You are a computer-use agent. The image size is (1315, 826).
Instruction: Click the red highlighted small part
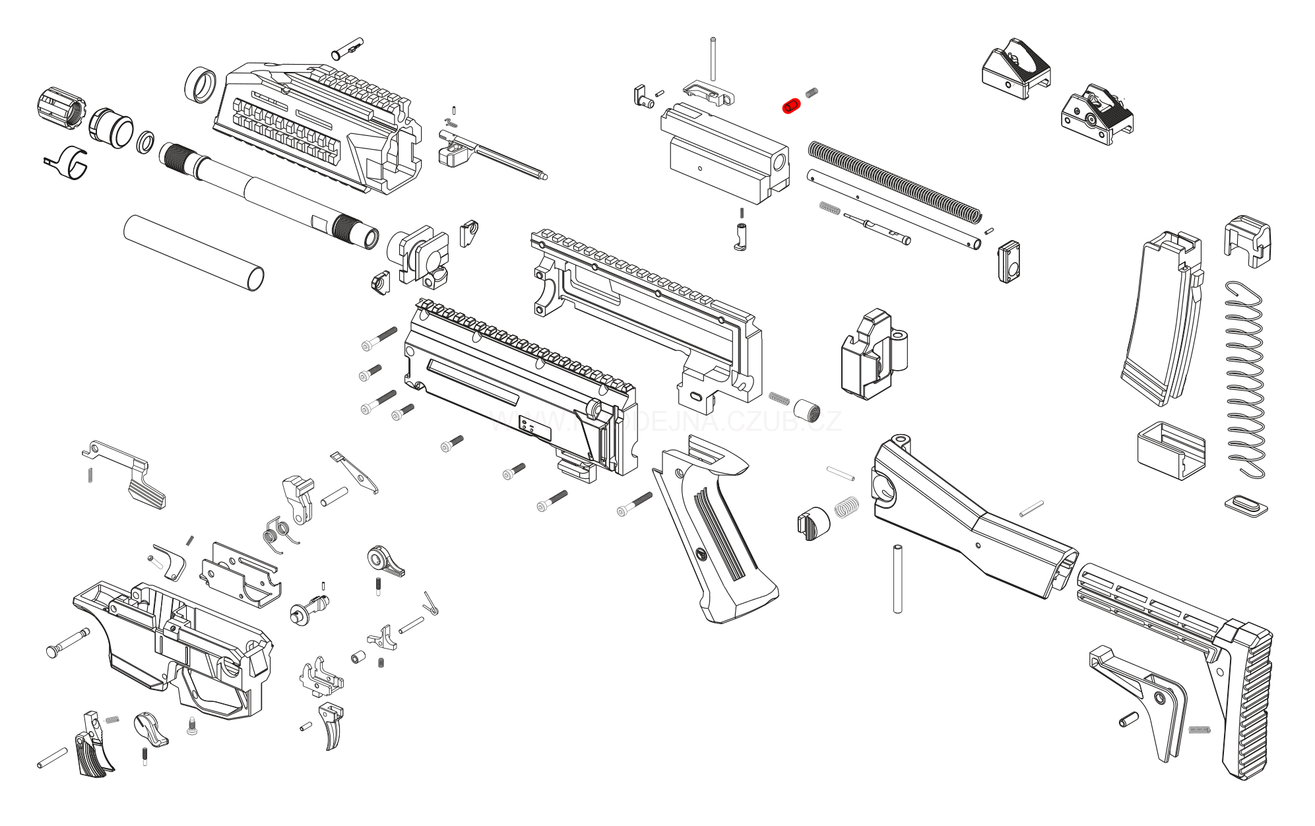pos(790,106)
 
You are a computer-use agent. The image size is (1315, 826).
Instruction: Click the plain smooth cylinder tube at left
pos(193,252)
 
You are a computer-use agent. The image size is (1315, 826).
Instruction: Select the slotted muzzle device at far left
pos(60,107)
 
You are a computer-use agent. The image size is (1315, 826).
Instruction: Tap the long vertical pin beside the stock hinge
pos(897,579)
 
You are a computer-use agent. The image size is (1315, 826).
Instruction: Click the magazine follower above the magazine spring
pos(1247,240)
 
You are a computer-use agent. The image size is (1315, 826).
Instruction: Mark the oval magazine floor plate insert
pos(1246,506)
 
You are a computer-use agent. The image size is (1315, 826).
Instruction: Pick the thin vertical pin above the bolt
pos(713,59)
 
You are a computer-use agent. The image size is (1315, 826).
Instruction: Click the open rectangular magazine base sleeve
pos(1171,450)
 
